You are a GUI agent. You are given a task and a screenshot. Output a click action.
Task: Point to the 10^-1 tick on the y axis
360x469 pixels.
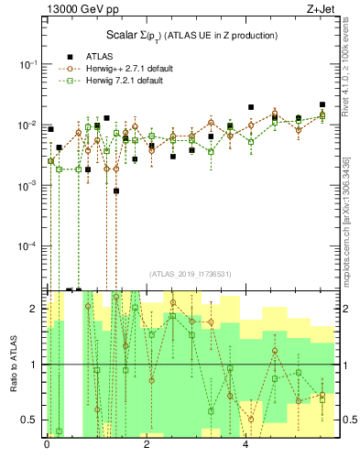point(28,64)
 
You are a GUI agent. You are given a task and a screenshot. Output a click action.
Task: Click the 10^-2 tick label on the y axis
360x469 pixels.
point(28,125)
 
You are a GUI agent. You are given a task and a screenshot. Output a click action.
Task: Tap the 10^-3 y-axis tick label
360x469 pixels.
point(28,185)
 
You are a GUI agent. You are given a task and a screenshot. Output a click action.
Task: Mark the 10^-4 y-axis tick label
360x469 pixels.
point(28,245)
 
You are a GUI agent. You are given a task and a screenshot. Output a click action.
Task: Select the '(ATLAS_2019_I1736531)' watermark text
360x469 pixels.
point(190,274)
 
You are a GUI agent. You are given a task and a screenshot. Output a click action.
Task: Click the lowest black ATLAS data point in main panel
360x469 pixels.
point(116,191)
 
